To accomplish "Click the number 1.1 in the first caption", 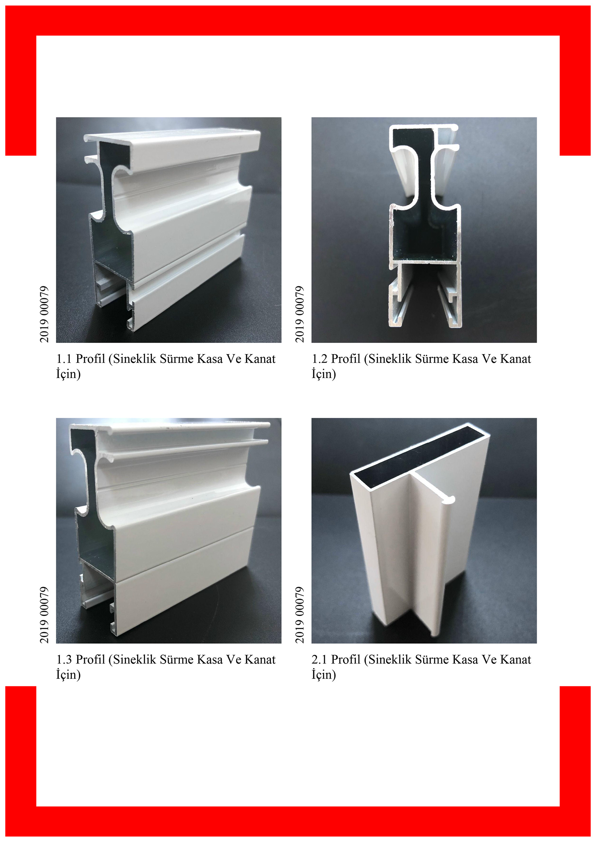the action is point(64,359).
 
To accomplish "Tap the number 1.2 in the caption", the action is point(320,359).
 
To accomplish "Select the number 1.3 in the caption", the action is point(64,660).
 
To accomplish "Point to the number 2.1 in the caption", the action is point(320,660).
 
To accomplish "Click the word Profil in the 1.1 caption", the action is point(91,359).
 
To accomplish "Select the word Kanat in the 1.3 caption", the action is point(260,660).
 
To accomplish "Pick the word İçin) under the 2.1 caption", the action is point(324,674).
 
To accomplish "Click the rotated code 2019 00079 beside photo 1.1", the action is point(44,314).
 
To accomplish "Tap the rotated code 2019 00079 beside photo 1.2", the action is point(300,314).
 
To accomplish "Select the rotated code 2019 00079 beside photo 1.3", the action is point(44,615).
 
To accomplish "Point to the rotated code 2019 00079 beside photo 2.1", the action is point(300,615).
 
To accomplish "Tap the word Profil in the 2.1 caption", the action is point(346,659).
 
